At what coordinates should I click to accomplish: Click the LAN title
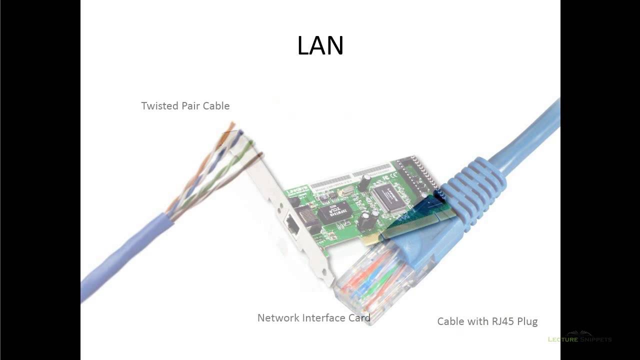(320, 45)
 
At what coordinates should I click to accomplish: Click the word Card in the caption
(359, 318)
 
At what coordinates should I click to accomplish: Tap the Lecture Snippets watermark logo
(579, 337)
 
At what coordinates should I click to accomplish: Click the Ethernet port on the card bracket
(293, 228)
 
